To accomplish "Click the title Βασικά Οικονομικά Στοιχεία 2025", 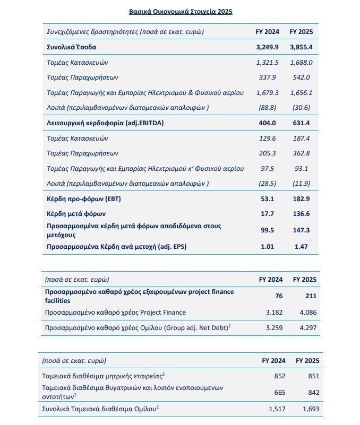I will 180,11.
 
